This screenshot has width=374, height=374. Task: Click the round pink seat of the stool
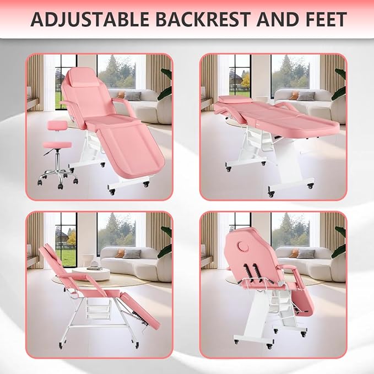click(x=57, y=144)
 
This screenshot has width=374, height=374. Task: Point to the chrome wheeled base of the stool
click(x=57, y=175)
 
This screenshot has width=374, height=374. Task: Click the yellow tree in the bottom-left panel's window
click(x=70, y=238)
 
